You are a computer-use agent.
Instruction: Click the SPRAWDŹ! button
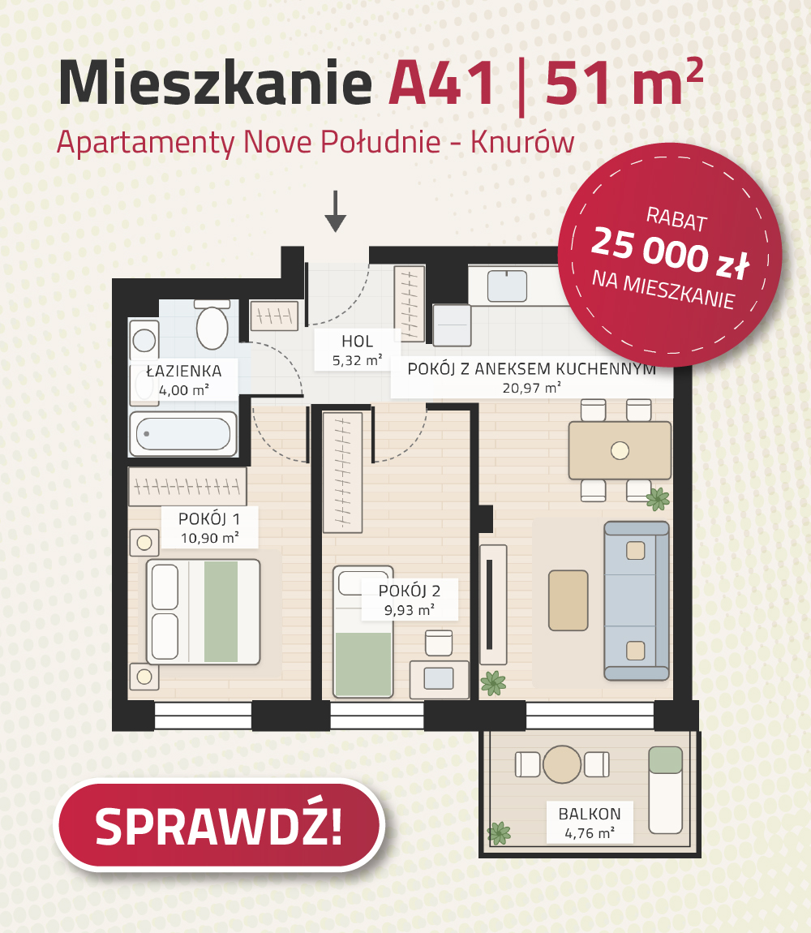tap(219, 825)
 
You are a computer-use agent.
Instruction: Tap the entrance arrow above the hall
tap(336, 211)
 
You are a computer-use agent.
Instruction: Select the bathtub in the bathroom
tap(183, 434)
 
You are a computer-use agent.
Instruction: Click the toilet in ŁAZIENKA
tap(212, 325)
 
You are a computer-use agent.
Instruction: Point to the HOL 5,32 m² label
tap(357, 350)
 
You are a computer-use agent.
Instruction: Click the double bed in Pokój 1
tap(204, 612)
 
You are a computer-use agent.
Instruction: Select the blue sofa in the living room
tap(637, 601)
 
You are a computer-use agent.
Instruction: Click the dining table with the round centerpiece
tap(620, 450)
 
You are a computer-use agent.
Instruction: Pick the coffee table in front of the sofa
tap(569, 600)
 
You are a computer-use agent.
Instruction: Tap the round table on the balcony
tap(562, 764)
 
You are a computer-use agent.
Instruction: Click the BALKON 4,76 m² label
tap(589, 823)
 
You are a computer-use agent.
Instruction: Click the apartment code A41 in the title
tap(441, 84)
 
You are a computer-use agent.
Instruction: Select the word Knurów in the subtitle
tap(522, 142)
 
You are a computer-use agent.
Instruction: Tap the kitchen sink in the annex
tap(507, 286)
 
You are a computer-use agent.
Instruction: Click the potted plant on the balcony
tap(499, 833)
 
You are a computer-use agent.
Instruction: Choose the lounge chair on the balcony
tap(665, 790)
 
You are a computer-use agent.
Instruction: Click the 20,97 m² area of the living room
tap(531, 388)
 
